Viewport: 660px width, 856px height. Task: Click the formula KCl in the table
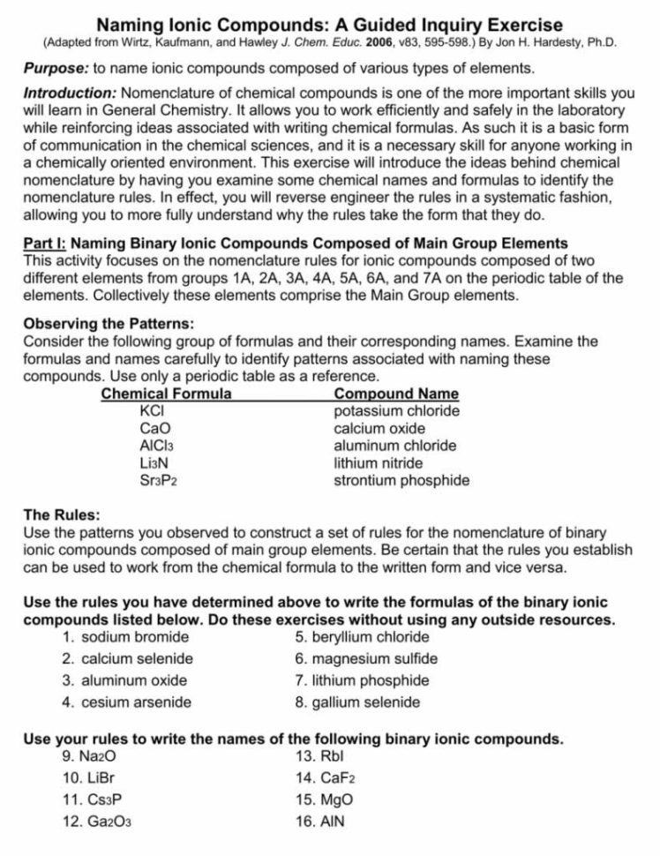tap(153, 410)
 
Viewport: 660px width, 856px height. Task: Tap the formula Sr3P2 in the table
tap(159, 481)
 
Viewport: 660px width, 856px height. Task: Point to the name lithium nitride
tap(378, 463)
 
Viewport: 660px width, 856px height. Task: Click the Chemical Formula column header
tap(167, 394)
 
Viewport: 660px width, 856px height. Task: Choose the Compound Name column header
tap(396, 394)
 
